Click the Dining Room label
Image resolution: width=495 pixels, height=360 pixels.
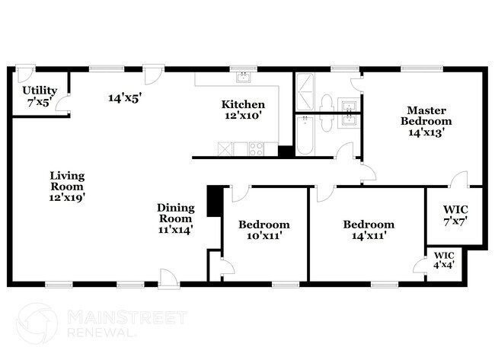pos(176,218)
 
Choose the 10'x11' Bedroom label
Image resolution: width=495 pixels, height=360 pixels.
pos(263,230)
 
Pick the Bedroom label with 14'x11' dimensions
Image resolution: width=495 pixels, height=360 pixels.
pos(369,230)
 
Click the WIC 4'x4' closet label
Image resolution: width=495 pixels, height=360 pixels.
pos(444,259)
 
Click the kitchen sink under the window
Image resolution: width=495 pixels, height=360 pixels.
pos(243,78)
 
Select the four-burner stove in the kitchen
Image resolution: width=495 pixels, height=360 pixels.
pos(256,149)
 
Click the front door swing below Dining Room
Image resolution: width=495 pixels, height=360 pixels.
pos(168,279)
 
